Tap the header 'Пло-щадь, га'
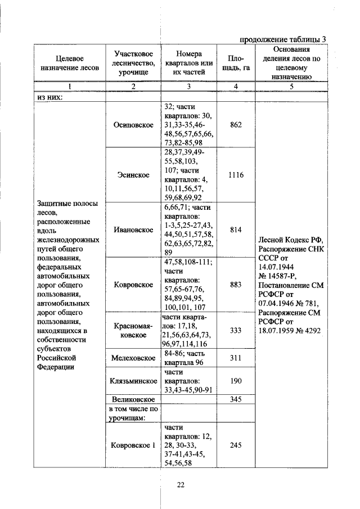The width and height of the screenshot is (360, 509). point(236,62)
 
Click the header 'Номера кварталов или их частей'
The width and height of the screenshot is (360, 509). point(188,62)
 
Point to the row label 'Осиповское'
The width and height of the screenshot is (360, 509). point(133,124)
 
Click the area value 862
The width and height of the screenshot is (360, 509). point(236,124)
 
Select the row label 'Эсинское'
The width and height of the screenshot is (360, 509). point(133,175)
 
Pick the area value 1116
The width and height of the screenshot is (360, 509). point(236,175)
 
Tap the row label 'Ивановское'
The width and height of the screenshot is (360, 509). point(133,229)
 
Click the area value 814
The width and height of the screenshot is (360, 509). point(236,229)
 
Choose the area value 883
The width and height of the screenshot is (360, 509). point(236,285)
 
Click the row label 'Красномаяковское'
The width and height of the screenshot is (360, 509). point(133,330)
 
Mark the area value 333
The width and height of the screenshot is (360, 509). point(236,330)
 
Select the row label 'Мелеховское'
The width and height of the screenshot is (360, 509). point(133,358)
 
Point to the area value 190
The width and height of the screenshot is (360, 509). point(236,381)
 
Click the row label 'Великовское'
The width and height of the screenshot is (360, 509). point(133,399)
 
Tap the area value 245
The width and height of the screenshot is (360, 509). point(236,445)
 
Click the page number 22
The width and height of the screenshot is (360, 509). point(181,485)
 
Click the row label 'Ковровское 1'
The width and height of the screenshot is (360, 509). point(133,445)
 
